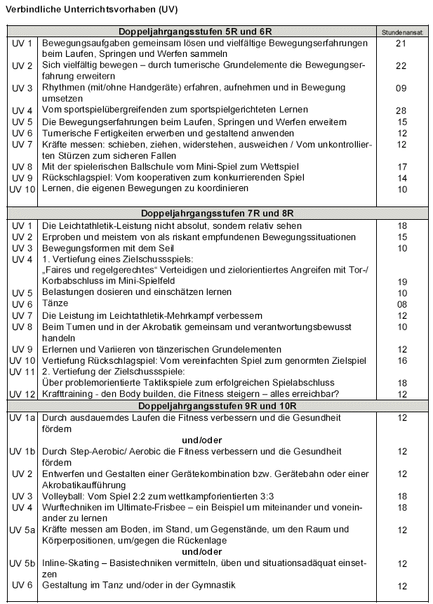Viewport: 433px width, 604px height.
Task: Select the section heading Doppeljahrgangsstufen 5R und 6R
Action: click(195, 32)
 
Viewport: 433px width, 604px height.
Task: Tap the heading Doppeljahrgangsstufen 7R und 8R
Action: click(195, 212)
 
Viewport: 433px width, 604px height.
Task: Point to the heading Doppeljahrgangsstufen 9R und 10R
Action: click(195, 406)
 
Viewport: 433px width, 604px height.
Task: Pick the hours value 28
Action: click(401, 110)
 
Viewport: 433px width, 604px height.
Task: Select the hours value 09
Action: click(401, 88)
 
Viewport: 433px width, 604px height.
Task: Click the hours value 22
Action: click(401, 66)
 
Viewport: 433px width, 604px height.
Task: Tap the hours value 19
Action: click(401, 281)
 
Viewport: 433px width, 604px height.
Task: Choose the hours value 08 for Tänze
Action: click(401, 304)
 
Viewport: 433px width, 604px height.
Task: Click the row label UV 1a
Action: click(22, 418)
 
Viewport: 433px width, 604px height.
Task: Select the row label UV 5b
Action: click(22, 563)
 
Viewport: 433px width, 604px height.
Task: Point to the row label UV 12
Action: click(22, 395)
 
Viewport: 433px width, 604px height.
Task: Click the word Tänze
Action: click(57, 304)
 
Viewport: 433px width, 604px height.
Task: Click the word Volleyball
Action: click(65, 496)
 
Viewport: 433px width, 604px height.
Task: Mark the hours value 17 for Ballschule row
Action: click(401, 166)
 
